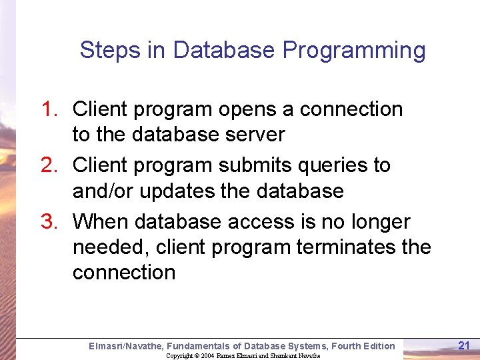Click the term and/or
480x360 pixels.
click(102, 191)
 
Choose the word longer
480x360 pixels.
click(376, 222)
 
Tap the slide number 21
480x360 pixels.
click(465, 345)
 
